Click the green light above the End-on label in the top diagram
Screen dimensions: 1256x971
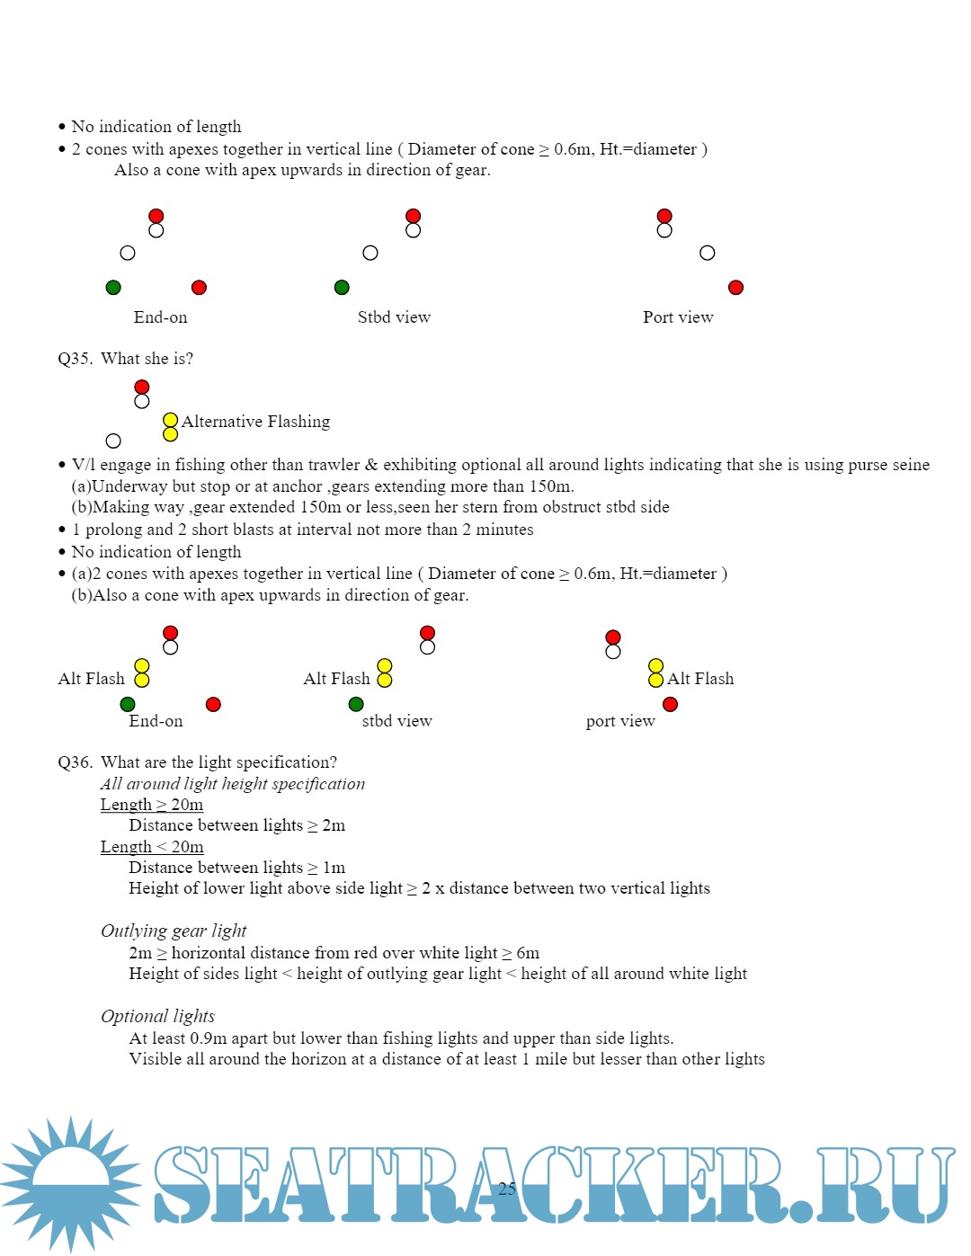click(x=113, y=288)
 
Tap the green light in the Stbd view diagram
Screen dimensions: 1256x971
click(x=342, y=288)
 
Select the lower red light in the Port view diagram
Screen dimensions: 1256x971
click(x=735, y=288)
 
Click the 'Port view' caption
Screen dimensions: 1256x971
click(x=678, y=317)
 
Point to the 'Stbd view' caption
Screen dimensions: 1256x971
click(x=394, y=317)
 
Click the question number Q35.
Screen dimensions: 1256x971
click(x=75, y=359)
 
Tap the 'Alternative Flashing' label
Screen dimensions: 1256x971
click(x=255, y=422)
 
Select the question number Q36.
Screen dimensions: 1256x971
click(x=75, y=762)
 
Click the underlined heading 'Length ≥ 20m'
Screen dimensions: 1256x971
click(x=152, y=805)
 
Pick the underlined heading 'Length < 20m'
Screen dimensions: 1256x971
click(x=152, y=847)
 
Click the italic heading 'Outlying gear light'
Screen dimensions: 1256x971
click(x=174, y=931)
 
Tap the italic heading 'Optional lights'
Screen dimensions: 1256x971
click(x=157, y=1017)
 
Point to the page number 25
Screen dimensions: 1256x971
click(x=507, y=1189)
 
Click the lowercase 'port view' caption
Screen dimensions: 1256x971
click(x=620, y=721)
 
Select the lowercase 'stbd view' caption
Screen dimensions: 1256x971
click(x=396, y=721)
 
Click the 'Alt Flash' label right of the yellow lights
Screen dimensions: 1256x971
click(x=700, y=679)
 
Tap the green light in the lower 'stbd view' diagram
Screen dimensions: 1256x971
click(x=356, y=704)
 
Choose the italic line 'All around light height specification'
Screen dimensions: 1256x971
click(x=233, y=784)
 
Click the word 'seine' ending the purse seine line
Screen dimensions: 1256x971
click(x=910, y=465)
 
